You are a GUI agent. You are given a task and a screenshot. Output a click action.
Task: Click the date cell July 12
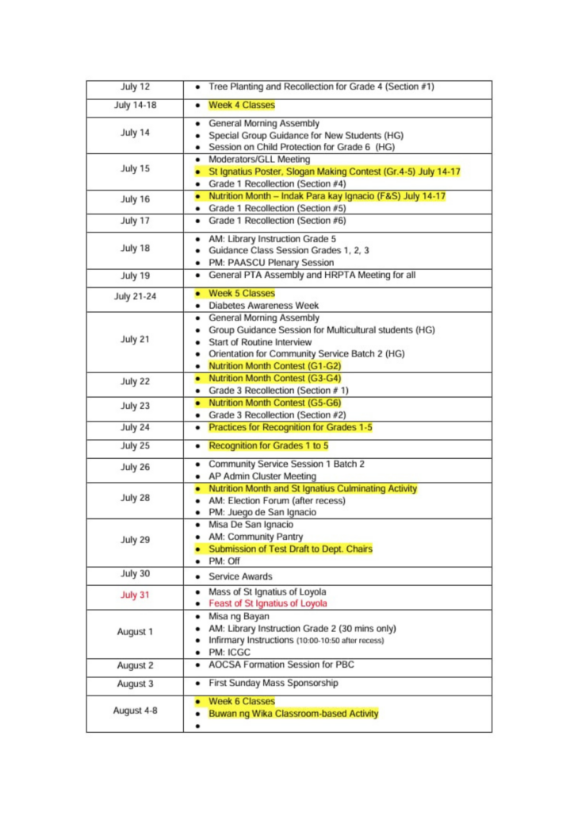pyautogui.click(x=135, y=87)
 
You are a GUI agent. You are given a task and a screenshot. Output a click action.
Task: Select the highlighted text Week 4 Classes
pyautogui.click(x=241, y=105)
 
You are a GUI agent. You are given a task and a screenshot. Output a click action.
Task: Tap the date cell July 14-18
pyautogui.click(x=135, y=105)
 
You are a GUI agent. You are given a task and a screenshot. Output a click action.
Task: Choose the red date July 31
pyautogui.click(x=135, y=595)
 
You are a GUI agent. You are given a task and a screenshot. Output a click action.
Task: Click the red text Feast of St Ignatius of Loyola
pyautogui.click(x=267, y=603)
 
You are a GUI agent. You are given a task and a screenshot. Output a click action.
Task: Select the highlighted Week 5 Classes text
pyautogui.click(x=241, y=293)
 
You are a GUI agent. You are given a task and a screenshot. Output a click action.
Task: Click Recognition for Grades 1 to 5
pyautogui.click(x=268, y=445)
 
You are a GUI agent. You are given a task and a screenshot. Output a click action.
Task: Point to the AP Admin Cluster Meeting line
pyautogui.click(x=262, y=476)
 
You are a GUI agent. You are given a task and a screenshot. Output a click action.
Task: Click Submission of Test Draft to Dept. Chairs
pyautogui.click(x=290, y=549)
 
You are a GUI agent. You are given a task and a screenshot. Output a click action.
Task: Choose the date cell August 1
pyautogui.click(x=135, y=632)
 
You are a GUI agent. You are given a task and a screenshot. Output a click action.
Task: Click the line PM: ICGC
pyautogui.click(x=229, y=652)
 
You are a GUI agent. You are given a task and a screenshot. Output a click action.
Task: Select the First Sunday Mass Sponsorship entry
pyautogui.click(x=273, y=683)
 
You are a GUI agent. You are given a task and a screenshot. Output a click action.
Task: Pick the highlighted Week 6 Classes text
pyautogui.click(x=241, y=701)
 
